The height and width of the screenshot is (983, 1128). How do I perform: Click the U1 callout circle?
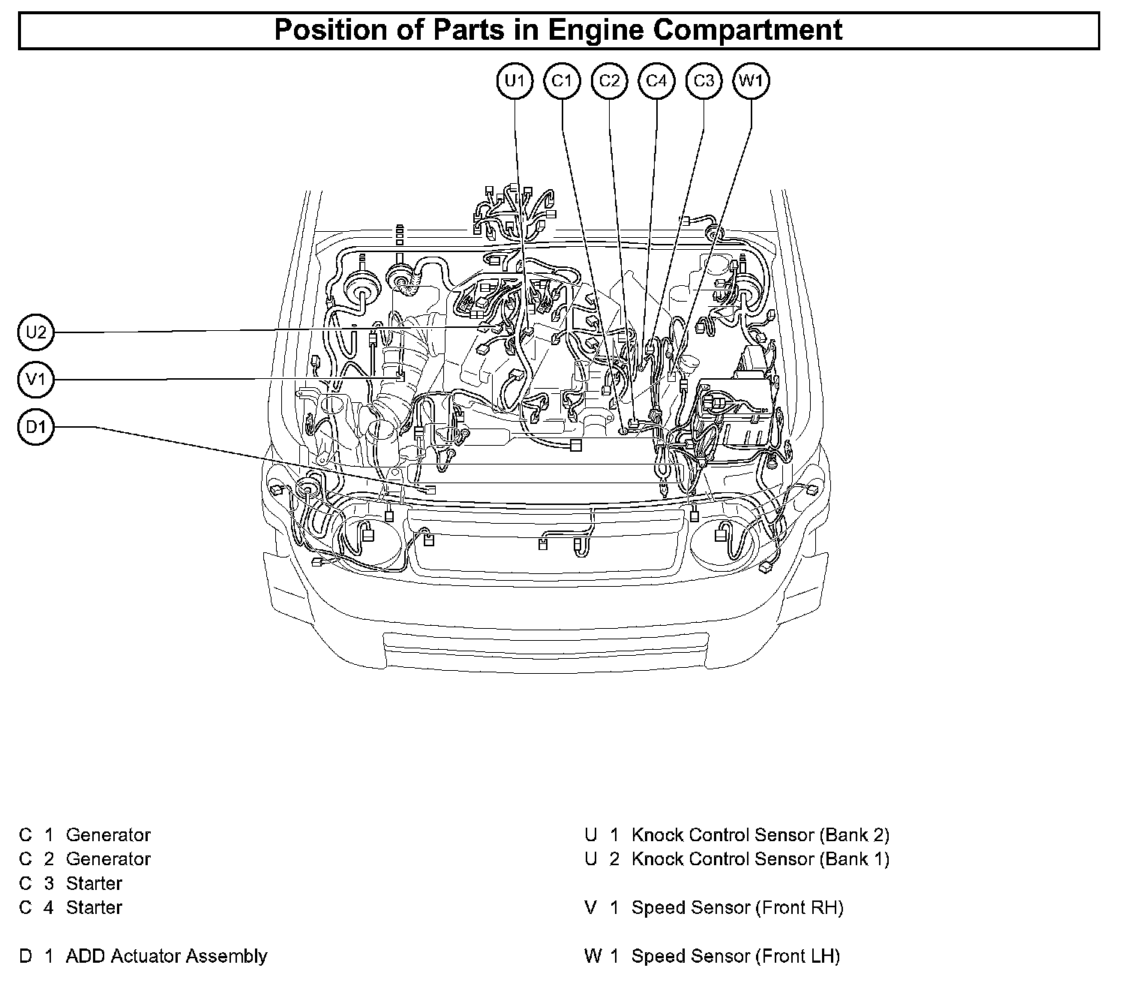(514, 81)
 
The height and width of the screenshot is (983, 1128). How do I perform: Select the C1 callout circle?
(562, 81)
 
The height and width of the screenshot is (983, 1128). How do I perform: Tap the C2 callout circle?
(609, 81)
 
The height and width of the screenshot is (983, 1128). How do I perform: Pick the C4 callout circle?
(656, 81)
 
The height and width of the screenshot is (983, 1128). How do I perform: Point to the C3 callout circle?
(703, 81)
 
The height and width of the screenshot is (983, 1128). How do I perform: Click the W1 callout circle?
(751, 81)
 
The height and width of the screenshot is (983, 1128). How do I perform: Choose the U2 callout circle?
(36, 332)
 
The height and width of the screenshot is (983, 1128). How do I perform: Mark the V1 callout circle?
(36, 380)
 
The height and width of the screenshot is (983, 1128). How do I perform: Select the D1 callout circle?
(36, 428)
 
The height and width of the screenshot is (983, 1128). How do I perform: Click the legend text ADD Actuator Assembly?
(166, 956)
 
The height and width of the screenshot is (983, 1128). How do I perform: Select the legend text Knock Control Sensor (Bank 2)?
(760, 834)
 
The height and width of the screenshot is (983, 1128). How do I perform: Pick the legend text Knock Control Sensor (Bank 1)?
(760, 858)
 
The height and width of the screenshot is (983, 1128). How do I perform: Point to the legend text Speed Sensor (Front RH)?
(737, 907)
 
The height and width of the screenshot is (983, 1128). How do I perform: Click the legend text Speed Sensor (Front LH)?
(736, 956)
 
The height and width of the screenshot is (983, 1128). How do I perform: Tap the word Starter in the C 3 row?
(94, 883)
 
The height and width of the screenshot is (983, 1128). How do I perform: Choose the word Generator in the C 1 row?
(108, 834)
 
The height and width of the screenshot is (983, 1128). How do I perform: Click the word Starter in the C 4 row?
(94, 907)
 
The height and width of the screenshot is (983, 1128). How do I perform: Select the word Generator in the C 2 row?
(108, 858)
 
